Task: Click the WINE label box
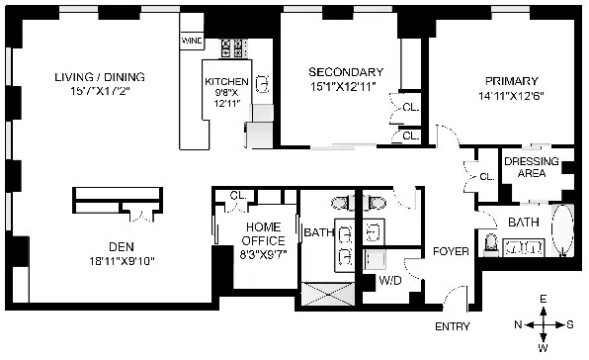coord(191,42)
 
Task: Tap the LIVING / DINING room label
coord(99,77)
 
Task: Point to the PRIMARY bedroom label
coord(511,81)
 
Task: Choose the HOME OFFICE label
coord(264,233)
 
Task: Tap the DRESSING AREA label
coord(532,167)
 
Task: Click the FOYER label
coord(451,251)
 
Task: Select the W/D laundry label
coord(390,281)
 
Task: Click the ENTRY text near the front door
coord(453,326)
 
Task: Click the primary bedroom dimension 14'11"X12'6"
coord(511,96)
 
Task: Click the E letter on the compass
coord(543,299)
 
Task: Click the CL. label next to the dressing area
coord(485,177)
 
